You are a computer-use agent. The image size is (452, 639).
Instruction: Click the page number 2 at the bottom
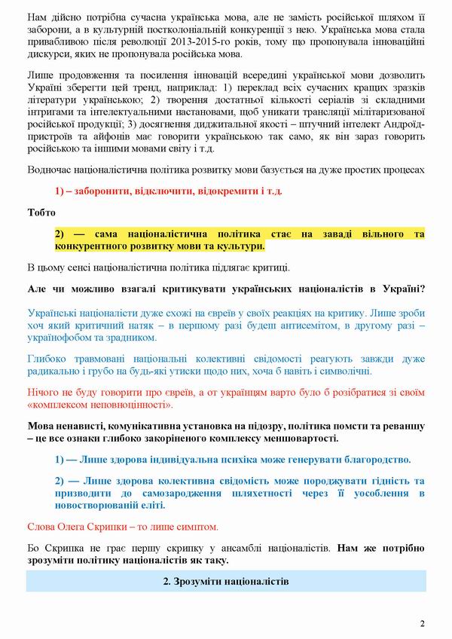423,623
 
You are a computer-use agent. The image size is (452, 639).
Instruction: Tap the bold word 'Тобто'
41,212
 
